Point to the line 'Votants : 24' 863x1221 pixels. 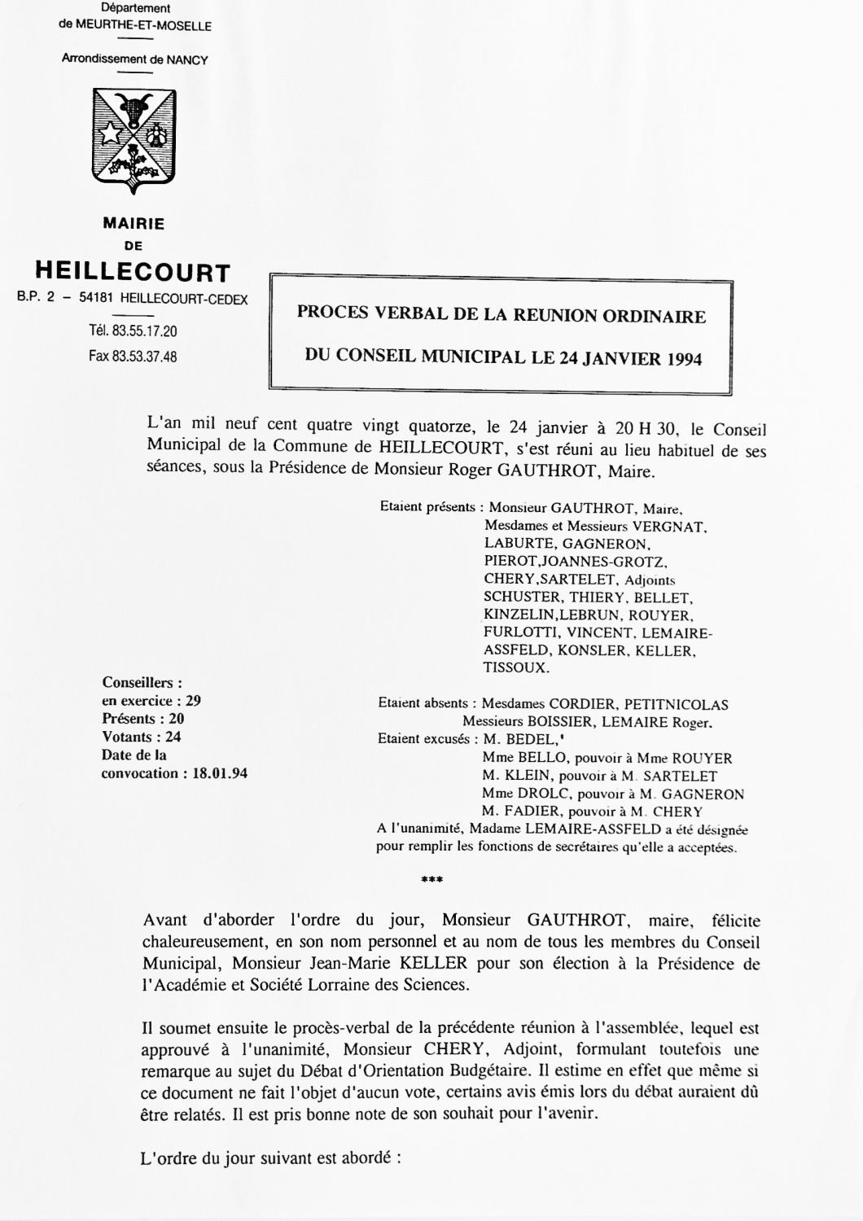pos(142,737)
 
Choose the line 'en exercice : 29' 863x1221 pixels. pos(151,701)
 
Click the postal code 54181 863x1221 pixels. pos(97,299)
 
